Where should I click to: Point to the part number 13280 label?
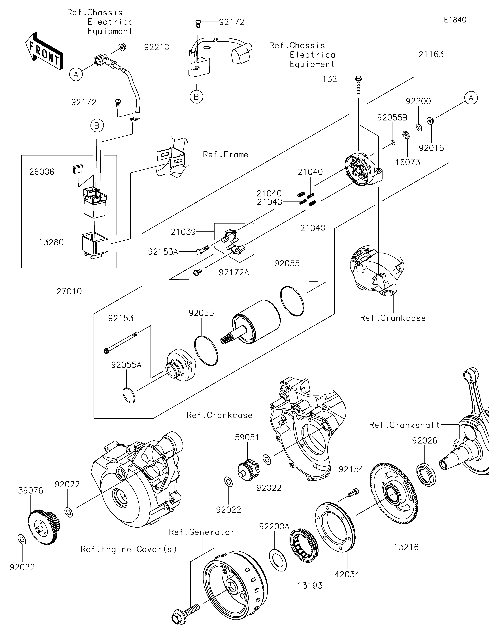tap(51, 242)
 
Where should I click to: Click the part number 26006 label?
tap(42, 172)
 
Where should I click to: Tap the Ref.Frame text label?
tap(225, 155)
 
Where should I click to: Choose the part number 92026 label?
tap(424, 441)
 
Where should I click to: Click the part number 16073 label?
tap(408, 162)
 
